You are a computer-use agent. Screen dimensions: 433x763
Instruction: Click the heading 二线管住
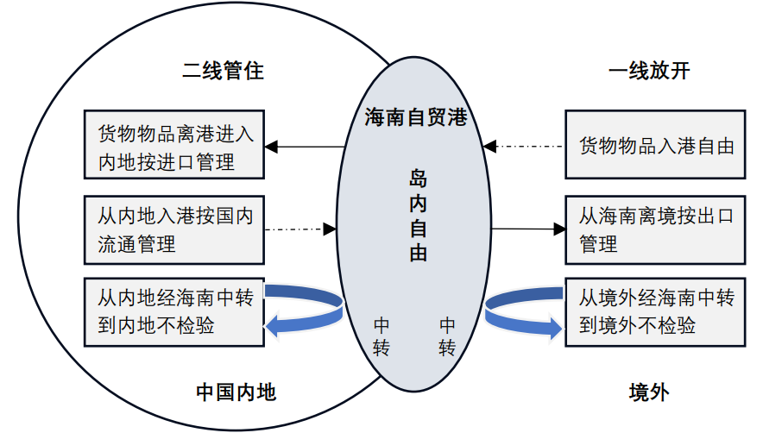coord(223,72)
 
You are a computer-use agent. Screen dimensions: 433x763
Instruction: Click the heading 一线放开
coord(649,72)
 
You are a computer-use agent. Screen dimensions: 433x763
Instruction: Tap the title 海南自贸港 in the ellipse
coord(416,117)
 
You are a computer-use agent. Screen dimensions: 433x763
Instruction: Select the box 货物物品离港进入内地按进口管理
coord(175,146)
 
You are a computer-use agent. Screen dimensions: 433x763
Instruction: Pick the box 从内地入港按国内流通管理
coord(175,229)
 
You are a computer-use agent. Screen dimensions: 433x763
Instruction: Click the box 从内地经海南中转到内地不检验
coord(175,312)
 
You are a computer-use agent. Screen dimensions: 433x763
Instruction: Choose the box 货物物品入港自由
coord(655,145)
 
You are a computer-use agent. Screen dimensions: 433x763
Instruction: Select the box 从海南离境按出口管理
coord(655,229)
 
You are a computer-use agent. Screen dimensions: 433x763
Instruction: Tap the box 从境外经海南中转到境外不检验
coord(655,311)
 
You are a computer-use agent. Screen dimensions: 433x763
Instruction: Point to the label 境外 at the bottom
coord(649,392)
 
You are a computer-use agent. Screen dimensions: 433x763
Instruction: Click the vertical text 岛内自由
coord(418,216)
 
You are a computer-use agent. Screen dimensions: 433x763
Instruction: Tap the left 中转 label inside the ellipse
coord(381,336)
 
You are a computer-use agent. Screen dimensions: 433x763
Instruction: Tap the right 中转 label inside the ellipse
coord(447,336)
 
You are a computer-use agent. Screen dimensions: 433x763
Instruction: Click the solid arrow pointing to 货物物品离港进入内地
coord(306,147)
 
